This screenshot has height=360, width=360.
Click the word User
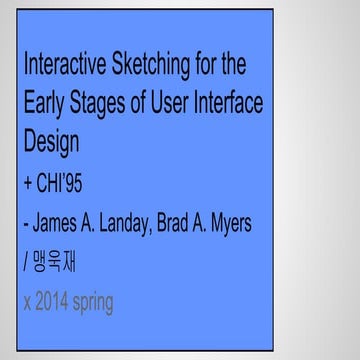[x=181, y=105]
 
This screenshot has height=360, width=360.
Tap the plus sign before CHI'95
[x=28, y=186]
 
